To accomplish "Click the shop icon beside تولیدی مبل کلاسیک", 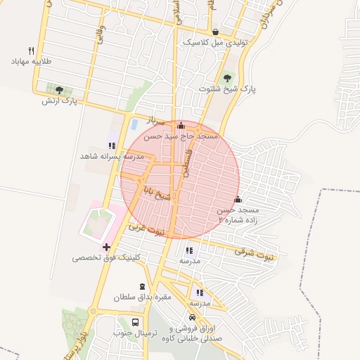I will click(x=214, y=32).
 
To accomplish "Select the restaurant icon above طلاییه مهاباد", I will click(x=30, y=51).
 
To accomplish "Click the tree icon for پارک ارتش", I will click(x=58, y=90).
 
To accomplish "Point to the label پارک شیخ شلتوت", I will click(x=228, y=89).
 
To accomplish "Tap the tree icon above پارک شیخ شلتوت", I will click(x=227, y=78).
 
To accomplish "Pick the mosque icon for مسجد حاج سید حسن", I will click(x=181, y=124).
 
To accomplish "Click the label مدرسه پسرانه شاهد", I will click(x=112, y=156).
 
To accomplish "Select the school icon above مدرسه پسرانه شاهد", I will click(x=112, y=146).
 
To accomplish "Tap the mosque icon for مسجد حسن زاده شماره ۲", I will click(x=238, y=199).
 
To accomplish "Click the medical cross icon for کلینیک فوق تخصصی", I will click(x=106, y=247).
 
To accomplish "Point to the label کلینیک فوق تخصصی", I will click(x=106, y=258).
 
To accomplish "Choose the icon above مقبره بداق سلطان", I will click(x=143, y=286).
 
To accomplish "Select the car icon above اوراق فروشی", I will click(x=192, y=317).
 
